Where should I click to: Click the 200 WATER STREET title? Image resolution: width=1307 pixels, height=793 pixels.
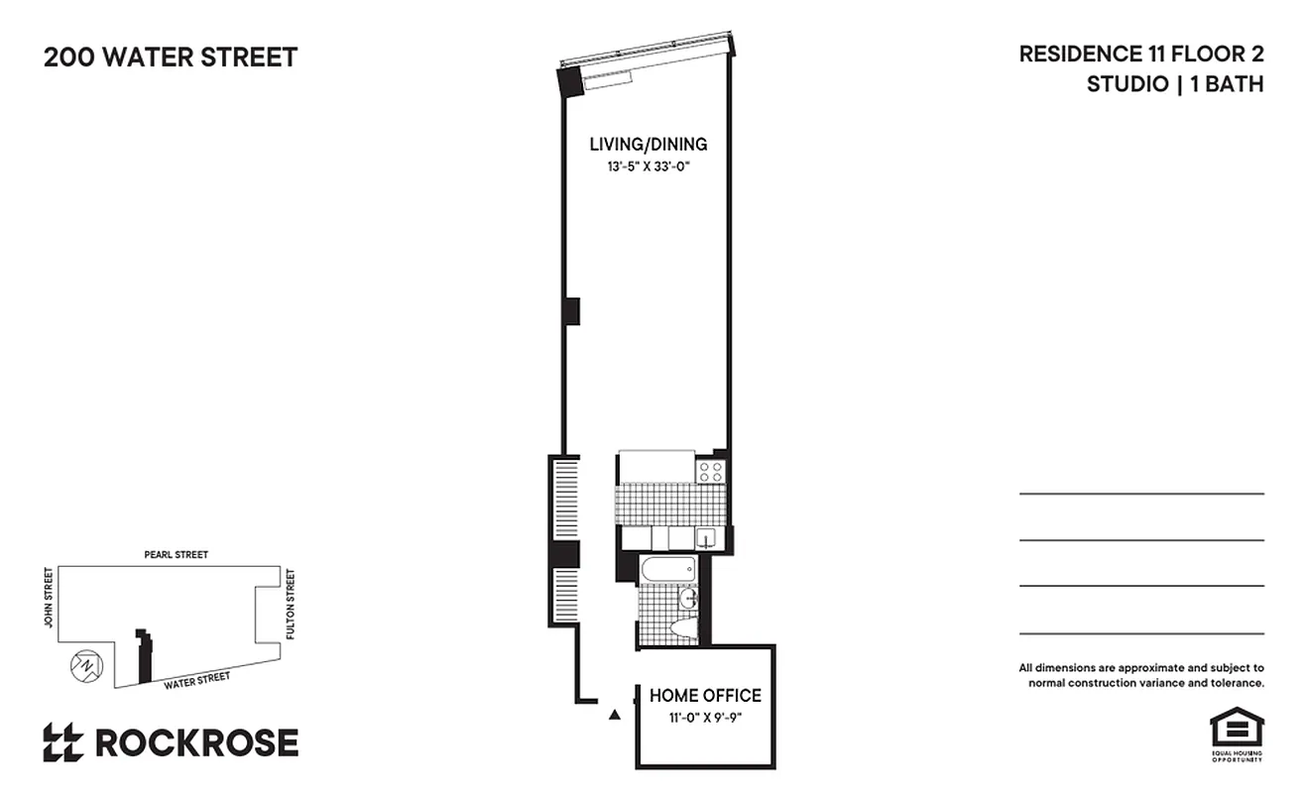click(171, 57)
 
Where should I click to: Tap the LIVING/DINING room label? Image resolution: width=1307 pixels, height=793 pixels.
click(648, 145)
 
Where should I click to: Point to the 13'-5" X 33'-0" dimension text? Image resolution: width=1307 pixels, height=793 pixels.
click(648, 168)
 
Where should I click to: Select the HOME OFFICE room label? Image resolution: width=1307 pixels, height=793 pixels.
click(705, 696)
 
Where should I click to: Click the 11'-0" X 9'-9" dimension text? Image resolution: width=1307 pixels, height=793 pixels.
click(705, 718)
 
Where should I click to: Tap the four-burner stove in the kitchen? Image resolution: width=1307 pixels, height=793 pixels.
click(710, 471)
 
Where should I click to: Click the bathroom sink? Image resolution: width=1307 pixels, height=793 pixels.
click(686, 599)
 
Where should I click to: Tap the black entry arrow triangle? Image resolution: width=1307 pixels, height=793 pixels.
click(615, 713)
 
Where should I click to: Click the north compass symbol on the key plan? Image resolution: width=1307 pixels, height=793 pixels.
click(85, 665)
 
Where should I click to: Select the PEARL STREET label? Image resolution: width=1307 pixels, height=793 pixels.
click(176, 555)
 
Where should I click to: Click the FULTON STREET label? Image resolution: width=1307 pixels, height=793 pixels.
click(291, 603)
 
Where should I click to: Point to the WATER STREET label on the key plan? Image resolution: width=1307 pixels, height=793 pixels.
click(196, 679)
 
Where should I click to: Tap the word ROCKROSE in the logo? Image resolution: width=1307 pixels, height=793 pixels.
click(196, 742)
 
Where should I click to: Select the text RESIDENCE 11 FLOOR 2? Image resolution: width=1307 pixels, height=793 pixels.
click(1140, 55)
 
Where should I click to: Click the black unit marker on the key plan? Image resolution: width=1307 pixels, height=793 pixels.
click(145, 655)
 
